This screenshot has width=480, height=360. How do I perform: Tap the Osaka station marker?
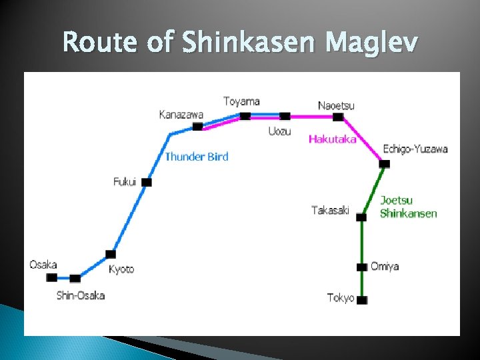pos(51,277)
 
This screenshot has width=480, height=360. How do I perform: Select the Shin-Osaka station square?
pos(75,279)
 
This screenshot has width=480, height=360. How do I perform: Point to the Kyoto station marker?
pos(111,254)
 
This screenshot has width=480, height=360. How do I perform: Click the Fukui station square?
pos(147,182)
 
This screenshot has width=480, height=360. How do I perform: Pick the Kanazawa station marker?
pos(197,126)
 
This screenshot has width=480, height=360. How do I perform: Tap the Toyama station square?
pos(245,116)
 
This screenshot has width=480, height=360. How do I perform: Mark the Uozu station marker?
pos(285,117)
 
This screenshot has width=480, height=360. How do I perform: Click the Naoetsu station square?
pos(338,117)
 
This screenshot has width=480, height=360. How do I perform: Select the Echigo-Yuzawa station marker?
pos(384,163)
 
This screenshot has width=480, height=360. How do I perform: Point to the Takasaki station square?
pos(361,217)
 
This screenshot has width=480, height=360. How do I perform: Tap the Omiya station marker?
pos(362,267)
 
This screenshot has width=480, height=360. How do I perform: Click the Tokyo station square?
pos(362,300)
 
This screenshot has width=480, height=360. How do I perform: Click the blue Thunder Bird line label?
pos(196,157)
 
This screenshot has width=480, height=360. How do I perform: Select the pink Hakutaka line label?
pos(332,139)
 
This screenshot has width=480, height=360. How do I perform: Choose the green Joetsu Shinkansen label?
pos(408,207)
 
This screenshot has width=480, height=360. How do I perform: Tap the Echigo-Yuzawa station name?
pos(415,149)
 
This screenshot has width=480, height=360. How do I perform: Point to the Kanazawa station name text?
pos(181,115)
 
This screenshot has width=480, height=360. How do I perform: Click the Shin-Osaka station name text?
pos(80,295)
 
